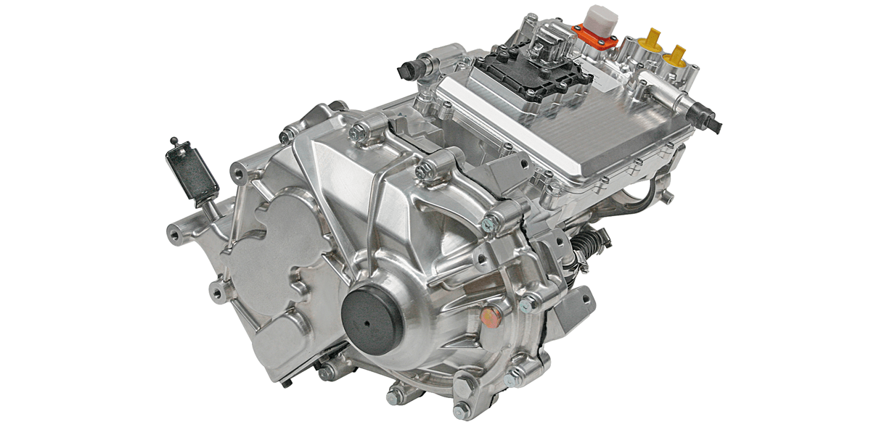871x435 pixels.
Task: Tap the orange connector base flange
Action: pyautogui.click(x=592, y=32)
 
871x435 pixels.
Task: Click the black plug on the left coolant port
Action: pyautogui.click(x=406, y=71)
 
